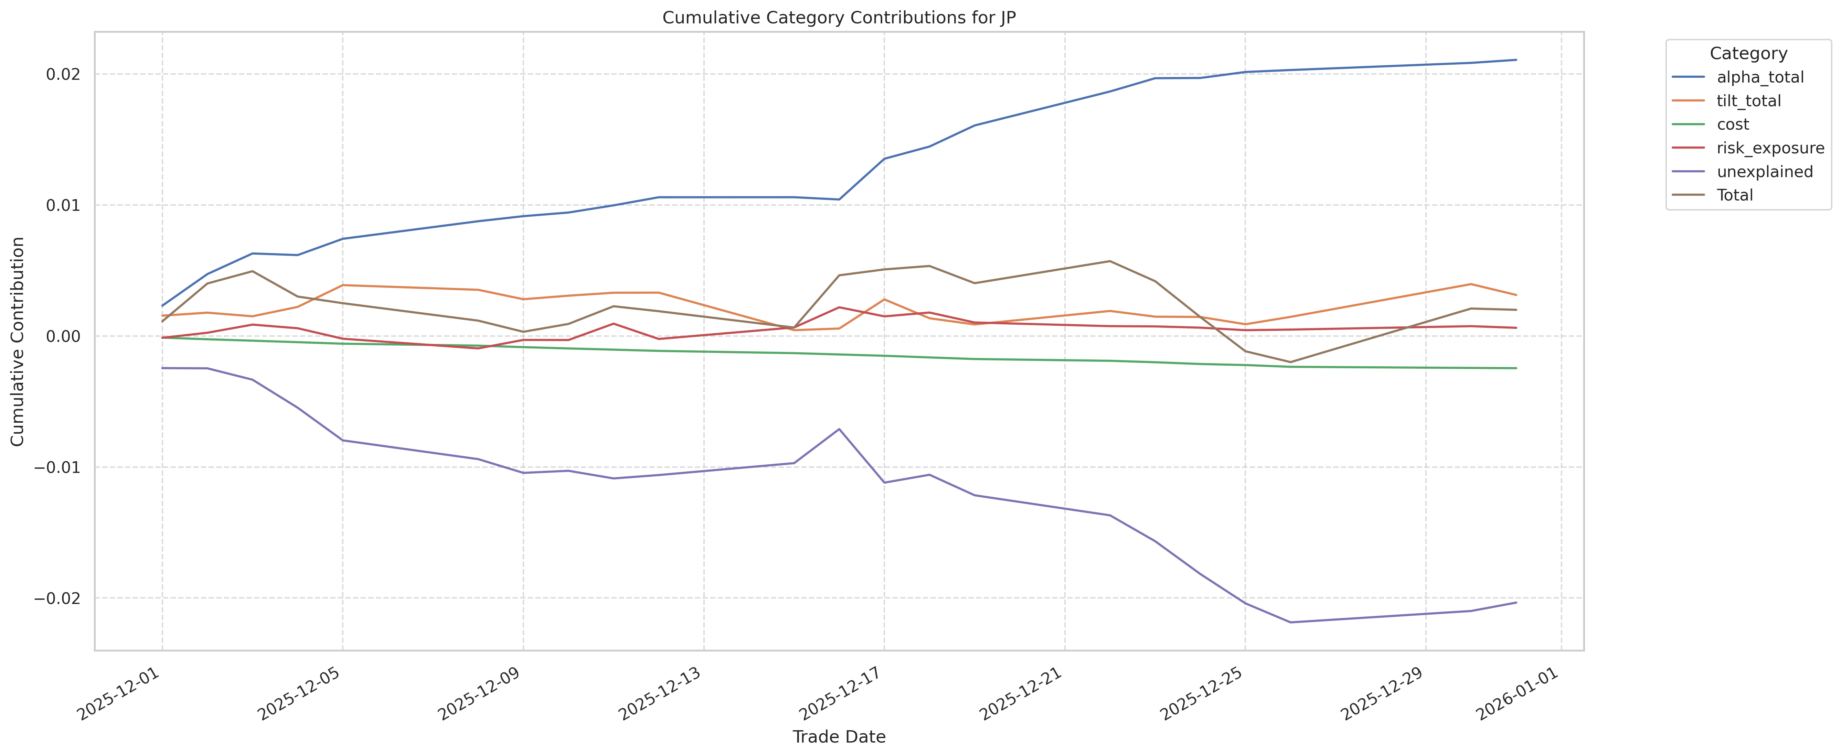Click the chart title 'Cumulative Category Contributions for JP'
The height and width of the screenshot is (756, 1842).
839,18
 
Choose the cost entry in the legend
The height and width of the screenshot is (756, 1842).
1733,124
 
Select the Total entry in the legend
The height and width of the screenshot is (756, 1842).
1735,195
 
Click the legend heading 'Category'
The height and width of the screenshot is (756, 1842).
1748,54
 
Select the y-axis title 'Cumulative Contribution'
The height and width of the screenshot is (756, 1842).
18,342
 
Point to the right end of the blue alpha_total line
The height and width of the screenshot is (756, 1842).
1516,60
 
